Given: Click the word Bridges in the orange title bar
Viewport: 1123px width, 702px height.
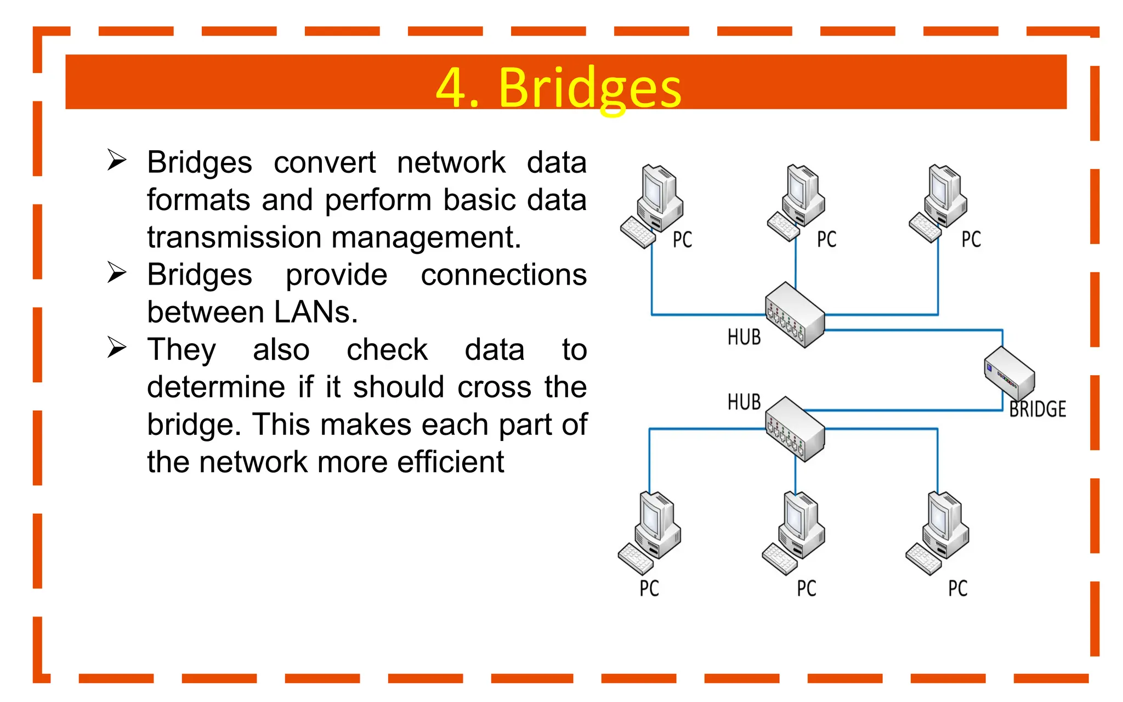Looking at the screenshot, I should pos(589,88).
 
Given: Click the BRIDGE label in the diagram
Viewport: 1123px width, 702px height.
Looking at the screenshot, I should pos(1037,409).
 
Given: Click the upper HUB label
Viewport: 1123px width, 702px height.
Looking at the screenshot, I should pos(744,337).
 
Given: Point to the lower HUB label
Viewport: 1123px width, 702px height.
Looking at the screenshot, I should pos(744,402).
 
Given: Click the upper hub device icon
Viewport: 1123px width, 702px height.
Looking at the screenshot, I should pos(795,315).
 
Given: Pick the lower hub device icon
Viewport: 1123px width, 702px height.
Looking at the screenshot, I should pos(795,429).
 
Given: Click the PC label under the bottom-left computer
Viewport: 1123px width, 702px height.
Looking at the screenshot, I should pos(649,588).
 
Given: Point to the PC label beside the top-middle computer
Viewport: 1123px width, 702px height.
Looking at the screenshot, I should pos(827,240).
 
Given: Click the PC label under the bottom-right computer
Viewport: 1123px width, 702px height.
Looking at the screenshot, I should pos(958,588).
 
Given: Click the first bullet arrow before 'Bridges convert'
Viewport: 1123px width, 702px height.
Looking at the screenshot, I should pos(117,160).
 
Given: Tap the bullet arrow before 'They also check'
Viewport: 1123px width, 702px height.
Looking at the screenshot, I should pos(117,347).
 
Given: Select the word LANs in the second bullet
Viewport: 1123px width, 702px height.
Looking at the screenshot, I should pos(315,312).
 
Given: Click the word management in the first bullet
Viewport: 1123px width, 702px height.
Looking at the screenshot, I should pos(426,237).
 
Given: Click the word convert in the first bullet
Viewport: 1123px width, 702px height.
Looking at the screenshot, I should pos(325,162).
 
